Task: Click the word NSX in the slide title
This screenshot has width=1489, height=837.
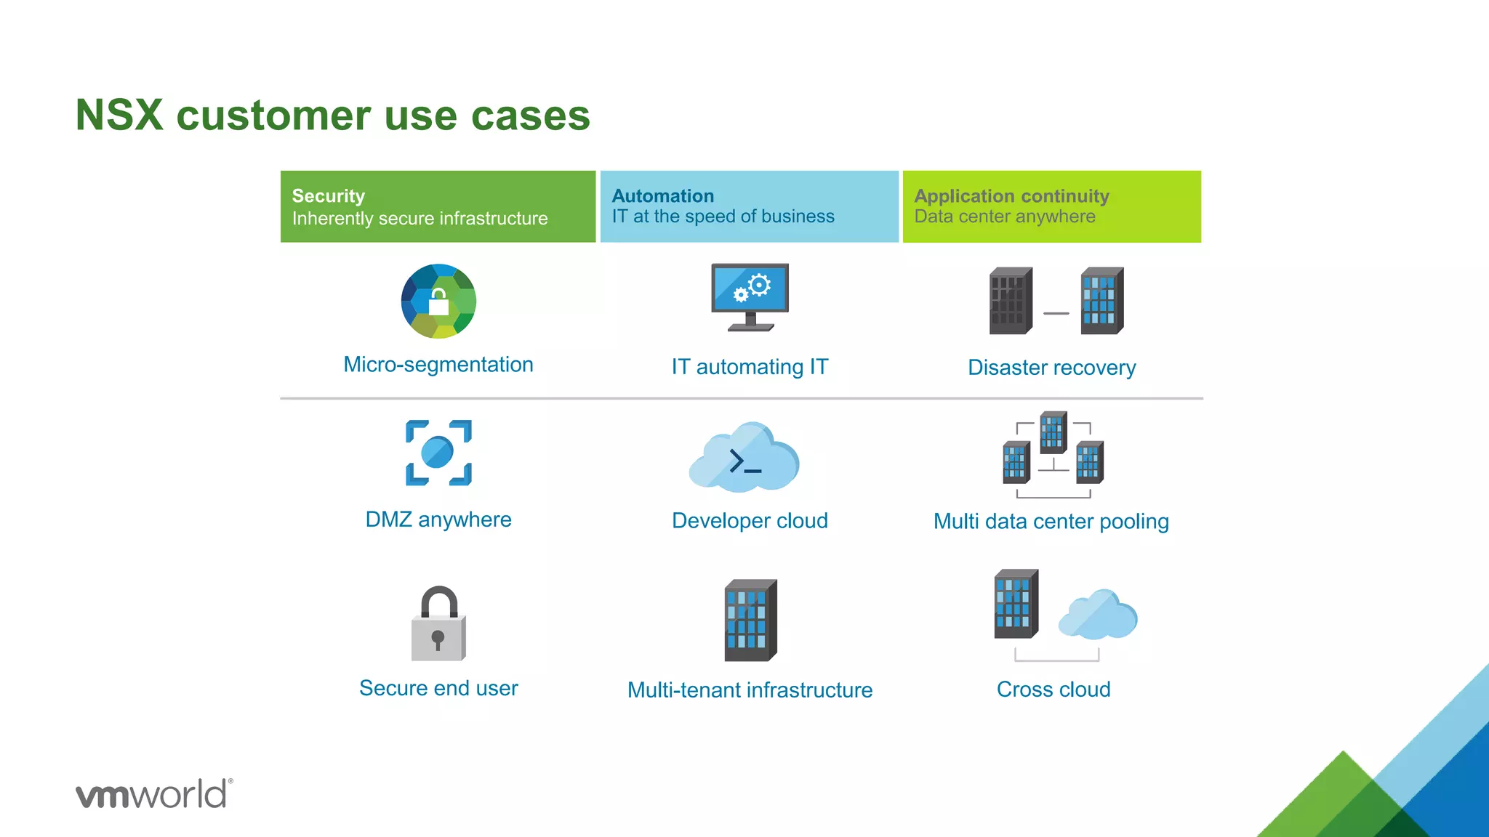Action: (x=119, y=116)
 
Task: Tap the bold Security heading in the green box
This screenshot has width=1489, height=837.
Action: (x=329, y=196)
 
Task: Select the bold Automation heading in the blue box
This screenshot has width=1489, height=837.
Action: (x=663, y=196)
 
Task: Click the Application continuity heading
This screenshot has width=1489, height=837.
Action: (x=1011, y=196)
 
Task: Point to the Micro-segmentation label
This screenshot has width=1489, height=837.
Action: (x=438, y=365)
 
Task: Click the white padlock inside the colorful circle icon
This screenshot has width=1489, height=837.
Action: (x=438, y=303)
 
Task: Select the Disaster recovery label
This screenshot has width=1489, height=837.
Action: (x=1051, y=368)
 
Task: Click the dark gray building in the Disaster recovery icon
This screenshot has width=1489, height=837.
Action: (x=1011, y=301)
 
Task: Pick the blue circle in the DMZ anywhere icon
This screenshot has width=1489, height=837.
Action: (x=437, y=452)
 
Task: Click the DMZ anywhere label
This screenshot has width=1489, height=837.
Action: (x=438, y=519)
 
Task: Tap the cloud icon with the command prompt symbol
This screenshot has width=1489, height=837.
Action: (x=744, y=458)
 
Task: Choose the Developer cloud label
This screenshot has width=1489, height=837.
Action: (x=750, y=521)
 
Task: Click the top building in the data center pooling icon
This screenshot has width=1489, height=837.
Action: (x=1053, y=432)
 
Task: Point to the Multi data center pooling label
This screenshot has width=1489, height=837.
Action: (x=1051, y=522)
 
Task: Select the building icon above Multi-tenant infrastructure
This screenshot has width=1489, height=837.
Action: (x=750, y=620)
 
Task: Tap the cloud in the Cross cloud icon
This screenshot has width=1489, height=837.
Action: (x=1098, y=615)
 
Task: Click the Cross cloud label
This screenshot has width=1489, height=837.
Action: (x=1053, y=690)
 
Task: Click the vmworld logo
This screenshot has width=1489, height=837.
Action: (x=154, y=793)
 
